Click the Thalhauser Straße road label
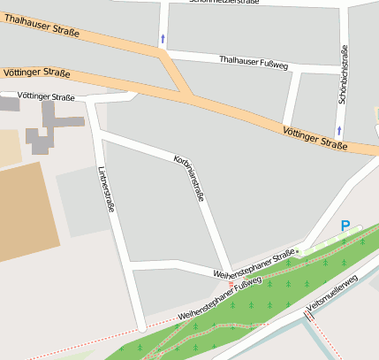coord(42,27)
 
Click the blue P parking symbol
coord(345,226)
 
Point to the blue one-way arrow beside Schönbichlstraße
coord(339,131)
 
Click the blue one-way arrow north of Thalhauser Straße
coord(162,38)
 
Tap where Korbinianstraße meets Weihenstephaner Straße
coord(230,271)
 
